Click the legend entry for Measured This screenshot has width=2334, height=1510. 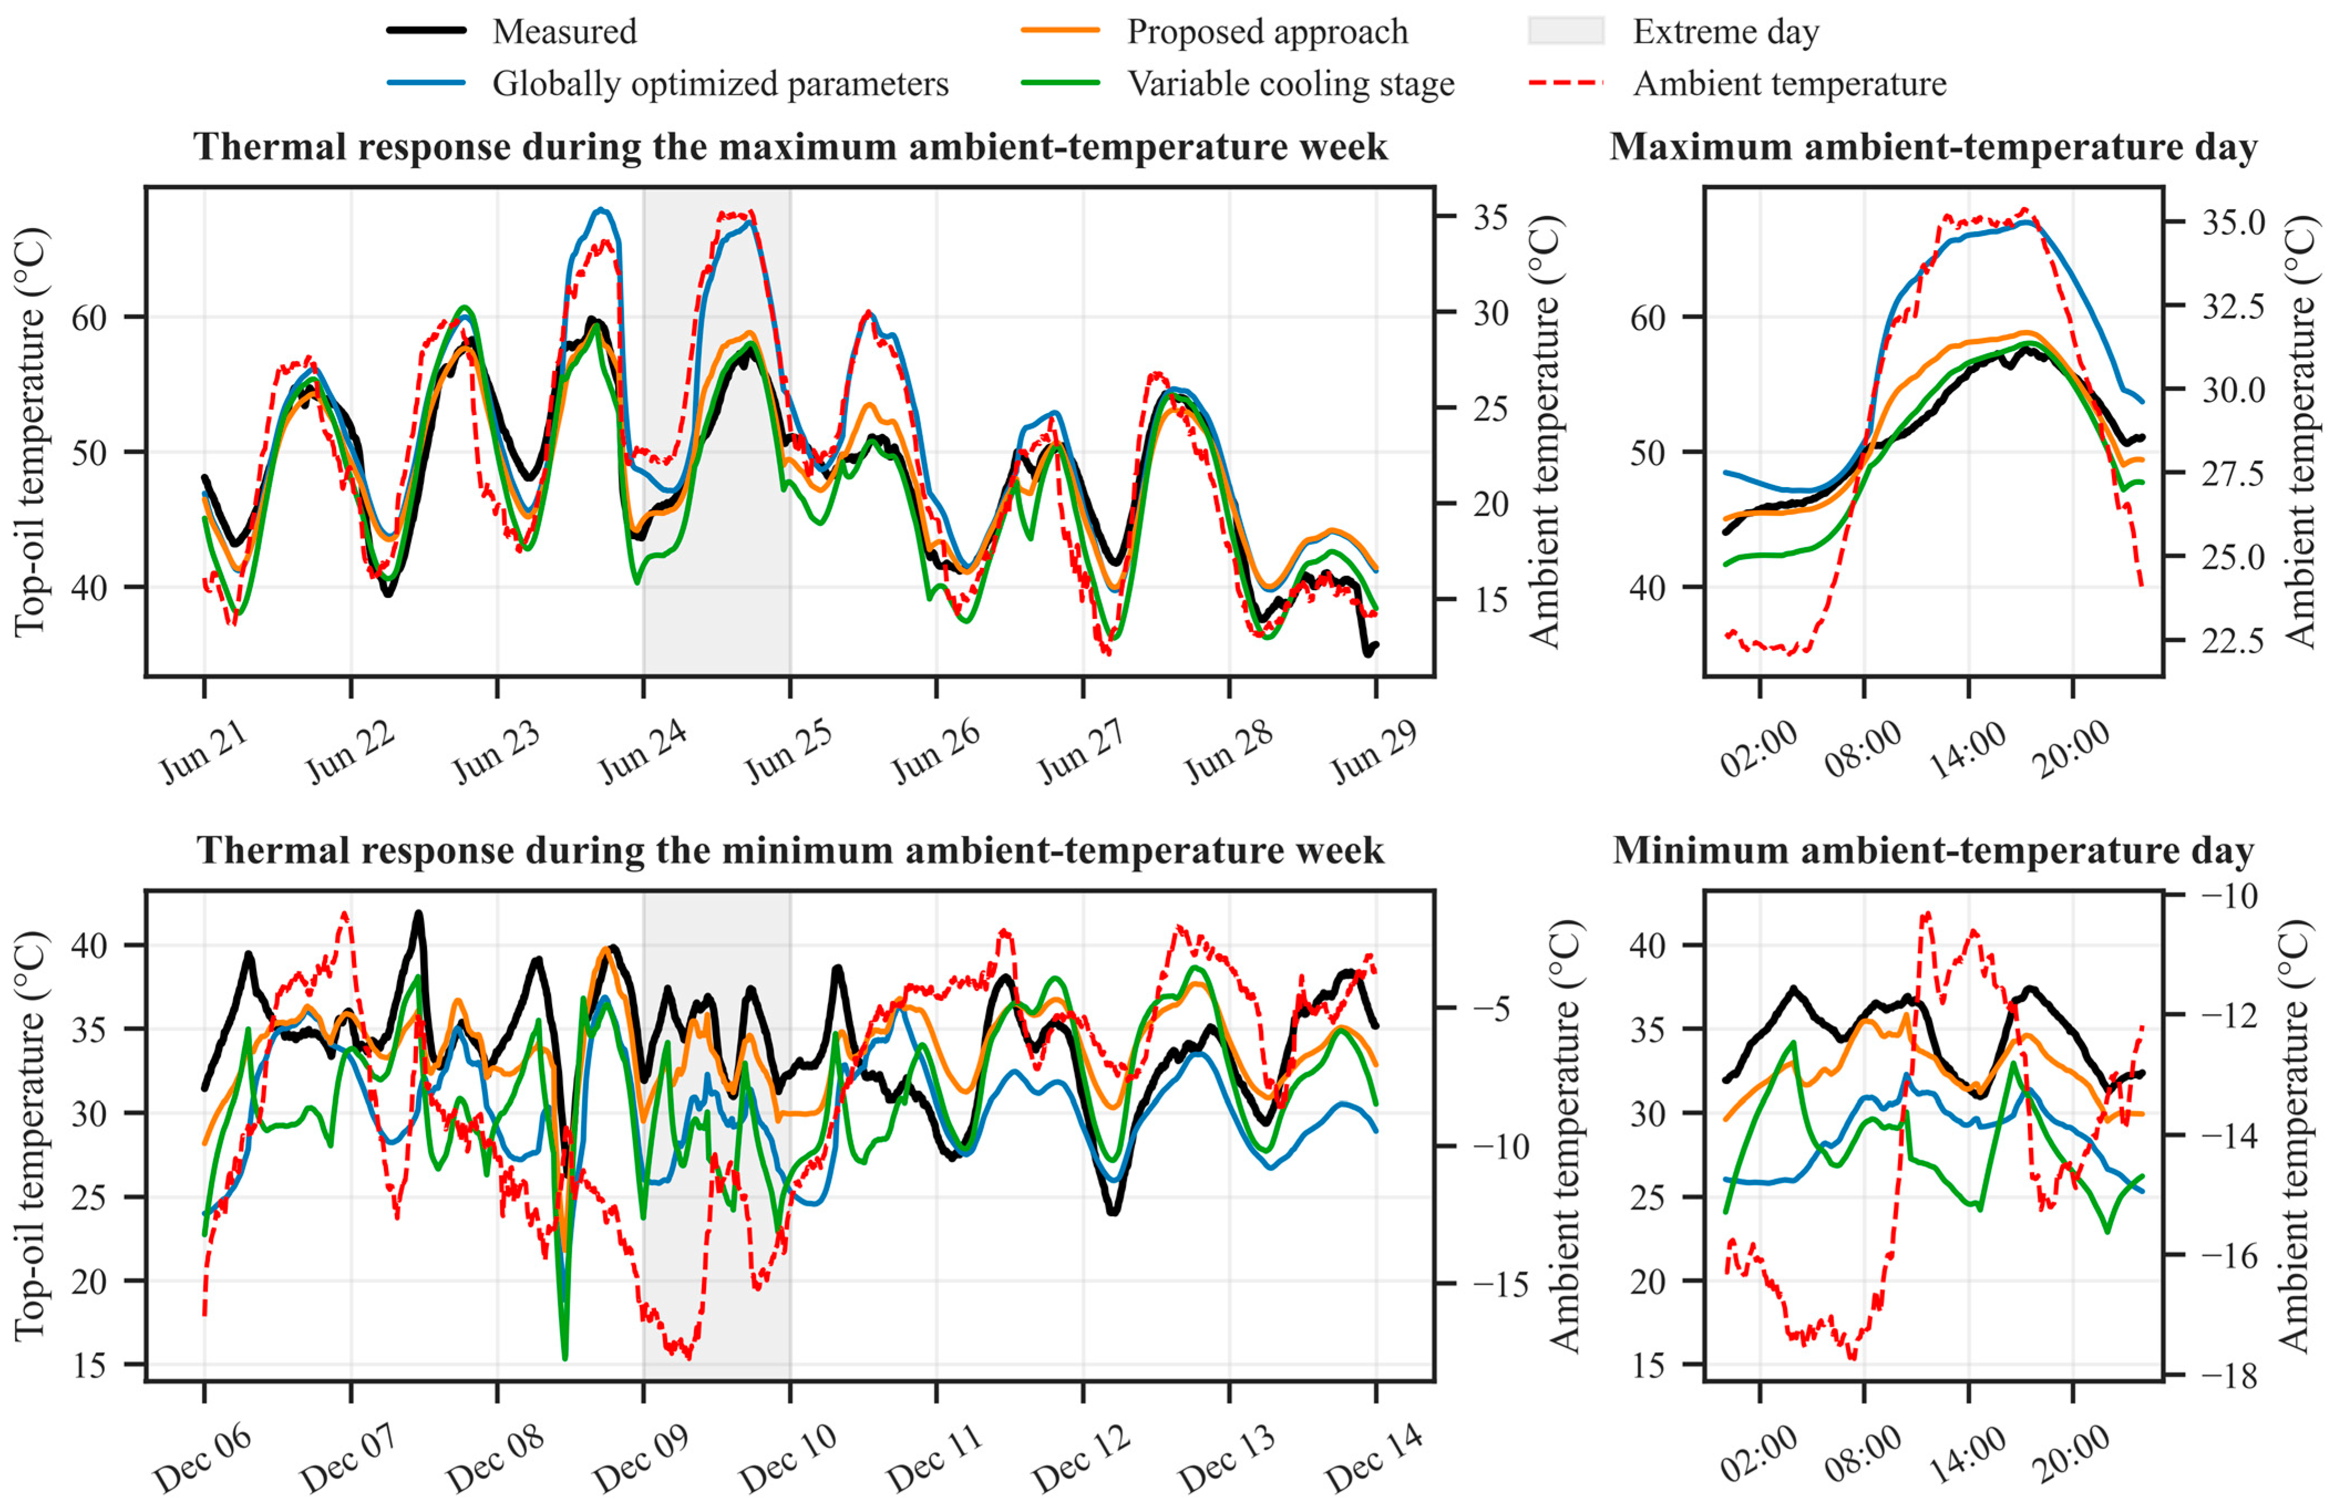click(x=512, y=32)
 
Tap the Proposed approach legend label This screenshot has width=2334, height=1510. click(x=1267, y=32)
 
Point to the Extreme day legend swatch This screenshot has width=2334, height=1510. click(x=1566, y=32)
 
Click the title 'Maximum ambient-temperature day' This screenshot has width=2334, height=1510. click(x=1933, y=147)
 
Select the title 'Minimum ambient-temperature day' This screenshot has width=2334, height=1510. click(x=1933, y=850)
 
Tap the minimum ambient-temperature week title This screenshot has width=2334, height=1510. click(x=790, y=850)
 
